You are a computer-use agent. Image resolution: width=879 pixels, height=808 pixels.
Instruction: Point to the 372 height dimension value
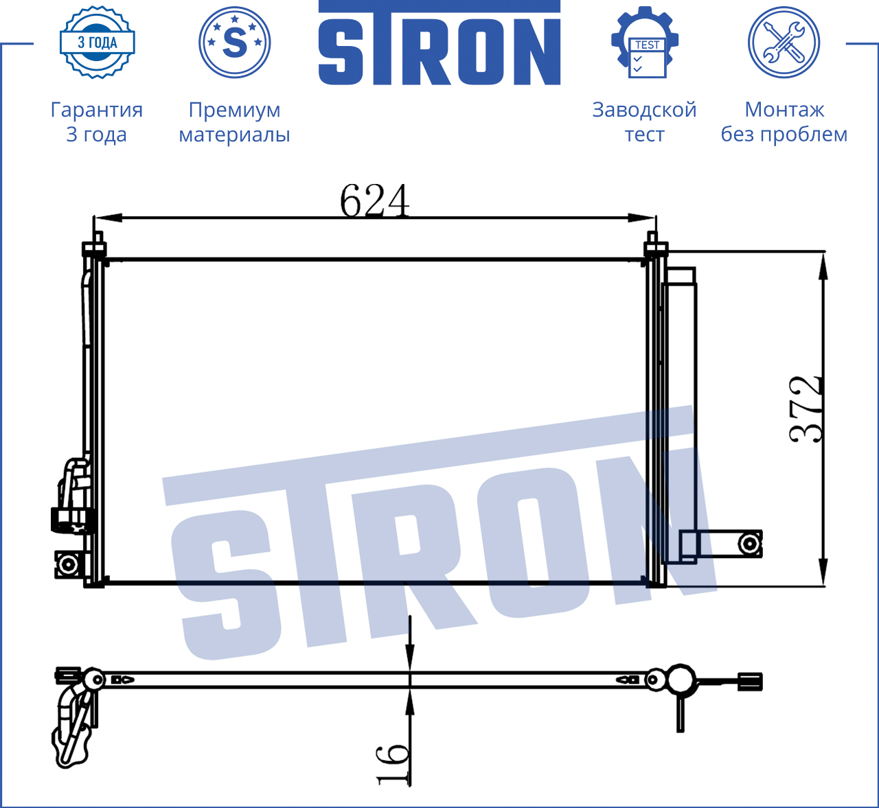point(806,409)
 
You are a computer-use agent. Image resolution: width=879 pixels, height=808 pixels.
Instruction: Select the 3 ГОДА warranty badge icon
point(98,43)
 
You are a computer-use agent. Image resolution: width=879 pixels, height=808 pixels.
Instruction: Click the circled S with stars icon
point(234,43)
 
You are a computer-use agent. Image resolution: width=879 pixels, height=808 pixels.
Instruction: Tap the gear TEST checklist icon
point(645,43)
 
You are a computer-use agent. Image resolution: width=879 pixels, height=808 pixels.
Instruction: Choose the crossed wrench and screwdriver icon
point(784,43)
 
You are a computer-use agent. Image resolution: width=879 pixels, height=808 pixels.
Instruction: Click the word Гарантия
point(97,110)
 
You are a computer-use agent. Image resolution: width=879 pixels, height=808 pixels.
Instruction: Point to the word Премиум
point(234,110)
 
